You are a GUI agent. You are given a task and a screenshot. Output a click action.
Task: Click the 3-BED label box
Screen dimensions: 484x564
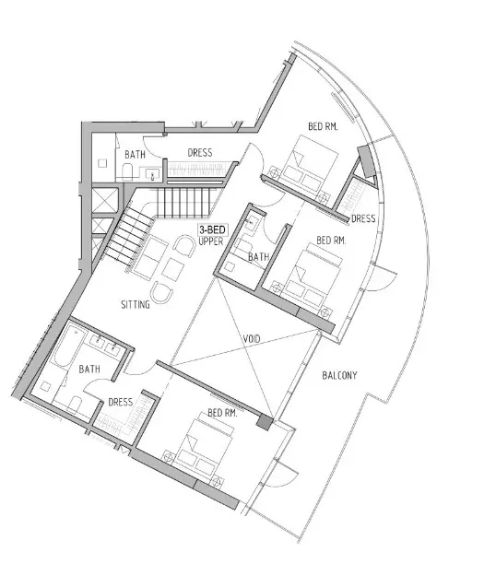[x=213, y=229]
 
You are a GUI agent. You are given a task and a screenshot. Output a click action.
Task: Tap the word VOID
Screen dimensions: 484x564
[x=252, y=339]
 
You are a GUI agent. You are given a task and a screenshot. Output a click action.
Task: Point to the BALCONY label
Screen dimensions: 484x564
[x=339, y=375]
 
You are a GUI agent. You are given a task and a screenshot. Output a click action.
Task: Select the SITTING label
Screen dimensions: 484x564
[x=136, y=305]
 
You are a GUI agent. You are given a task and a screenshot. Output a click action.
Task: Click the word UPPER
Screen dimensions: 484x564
[x=211, y=241]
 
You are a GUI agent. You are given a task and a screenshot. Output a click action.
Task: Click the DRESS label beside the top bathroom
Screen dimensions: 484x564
[x=200, y=153]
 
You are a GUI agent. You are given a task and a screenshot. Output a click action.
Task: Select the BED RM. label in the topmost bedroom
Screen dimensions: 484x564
[x=323, y=126]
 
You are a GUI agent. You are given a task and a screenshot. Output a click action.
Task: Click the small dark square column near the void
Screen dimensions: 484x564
[x=265, y=422]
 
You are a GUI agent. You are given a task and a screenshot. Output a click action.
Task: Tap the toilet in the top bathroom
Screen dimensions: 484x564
[x=127, y=172]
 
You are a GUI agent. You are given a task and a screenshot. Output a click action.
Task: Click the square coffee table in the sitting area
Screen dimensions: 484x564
[x=172, y=269]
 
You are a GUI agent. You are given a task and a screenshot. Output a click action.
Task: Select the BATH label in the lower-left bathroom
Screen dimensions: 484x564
[x=89, y=369]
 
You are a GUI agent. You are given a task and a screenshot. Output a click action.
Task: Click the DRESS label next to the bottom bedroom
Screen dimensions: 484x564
[x=120, y=402]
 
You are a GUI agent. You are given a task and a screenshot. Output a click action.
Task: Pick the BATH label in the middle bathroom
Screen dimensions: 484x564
[x=258, y=257]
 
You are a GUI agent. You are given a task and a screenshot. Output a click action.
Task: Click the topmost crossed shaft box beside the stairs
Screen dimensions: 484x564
[x=105, y=199]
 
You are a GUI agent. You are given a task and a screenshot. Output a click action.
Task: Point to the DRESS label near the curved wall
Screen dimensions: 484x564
[x=363, y=218]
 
